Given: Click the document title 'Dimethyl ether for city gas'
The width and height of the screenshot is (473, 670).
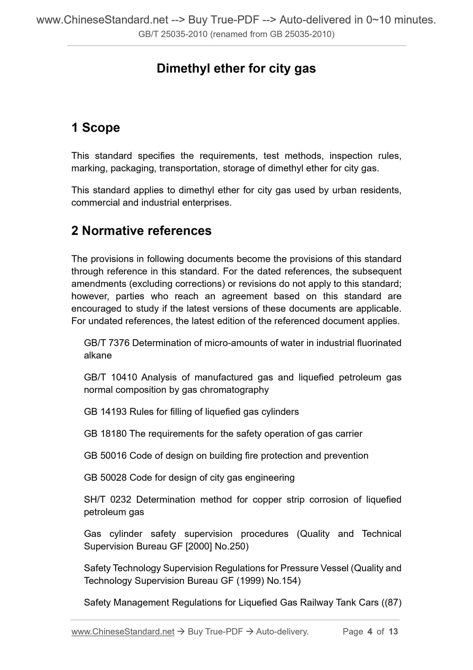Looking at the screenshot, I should pyautogui.click(x=236, y=69).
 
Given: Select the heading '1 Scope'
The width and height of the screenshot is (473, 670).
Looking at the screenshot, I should pyautogui.click(x=96, y=128).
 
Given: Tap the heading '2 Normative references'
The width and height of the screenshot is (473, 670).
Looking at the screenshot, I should pyautogui.click(x=141, y=231).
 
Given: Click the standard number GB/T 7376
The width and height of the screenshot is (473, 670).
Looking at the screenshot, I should pyautogui.click(x=107, y=343).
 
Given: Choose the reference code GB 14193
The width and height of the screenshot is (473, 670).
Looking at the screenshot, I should pyautogui.click(x=105, y=412).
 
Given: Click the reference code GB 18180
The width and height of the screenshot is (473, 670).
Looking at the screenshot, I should pyautogui.click(x=105, y=434).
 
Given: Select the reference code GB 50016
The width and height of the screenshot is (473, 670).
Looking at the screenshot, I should pyautogui.click(x=105, y=456).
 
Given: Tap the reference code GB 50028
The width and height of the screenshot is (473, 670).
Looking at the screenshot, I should pyautogui.click(x=105, y=478).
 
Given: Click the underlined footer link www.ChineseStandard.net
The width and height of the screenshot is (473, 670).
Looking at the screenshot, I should pyautogui.click(x=123, y=631).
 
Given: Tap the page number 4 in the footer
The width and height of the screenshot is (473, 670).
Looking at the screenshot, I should pyautogui.click(x=370, y=631).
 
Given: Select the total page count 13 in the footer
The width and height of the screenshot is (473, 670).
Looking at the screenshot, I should pyautogui.click(x=393, y=631).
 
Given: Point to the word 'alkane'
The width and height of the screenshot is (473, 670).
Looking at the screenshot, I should pyautogui.click(x=98, y=355).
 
